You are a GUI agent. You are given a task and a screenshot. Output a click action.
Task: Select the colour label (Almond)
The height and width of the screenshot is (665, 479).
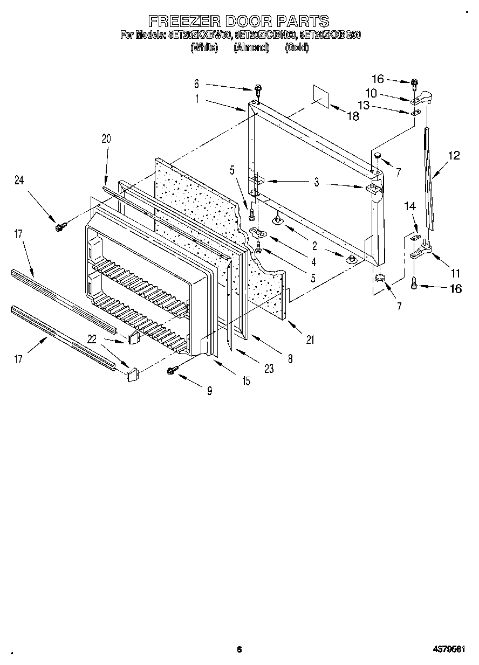pyautogui.click(x=251, y=47)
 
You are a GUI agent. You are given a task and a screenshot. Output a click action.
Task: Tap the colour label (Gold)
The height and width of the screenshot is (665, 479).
pyautogui.click(x=297, y=47)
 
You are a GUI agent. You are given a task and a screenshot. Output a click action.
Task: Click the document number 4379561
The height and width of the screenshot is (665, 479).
pyautogui.click(x=447, y=649)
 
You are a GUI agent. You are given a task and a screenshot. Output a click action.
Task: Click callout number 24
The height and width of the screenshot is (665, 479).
pyautogui.click(x=19, y=181)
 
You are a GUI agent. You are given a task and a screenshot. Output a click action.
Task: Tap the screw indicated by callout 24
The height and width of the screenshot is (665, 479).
pyautogui.click(x=60, y=227)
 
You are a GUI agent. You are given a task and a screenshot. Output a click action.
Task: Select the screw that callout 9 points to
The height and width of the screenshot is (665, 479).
pyautogui.click(x=173, y=369)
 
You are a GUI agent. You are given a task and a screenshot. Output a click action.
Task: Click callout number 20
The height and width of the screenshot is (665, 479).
pyautogui.click(x=106, y=138)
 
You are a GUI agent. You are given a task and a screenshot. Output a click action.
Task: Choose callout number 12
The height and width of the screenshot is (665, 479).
pyautogui.click(x=454, y=156)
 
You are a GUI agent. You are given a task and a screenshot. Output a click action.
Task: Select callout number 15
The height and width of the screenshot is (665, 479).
pyautogui.click(x=246, y=380)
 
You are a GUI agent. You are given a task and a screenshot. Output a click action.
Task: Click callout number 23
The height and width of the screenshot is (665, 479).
pyautogui.click(x=269, y=369)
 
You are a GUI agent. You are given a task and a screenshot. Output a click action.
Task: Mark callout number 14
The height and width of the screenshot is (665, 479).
pyautogui.click(x=410, y=206)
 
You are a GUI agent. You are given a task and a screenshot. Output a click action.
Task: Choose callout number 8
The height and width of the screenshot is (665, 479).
pyautogui.click(x=290, y=359)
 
